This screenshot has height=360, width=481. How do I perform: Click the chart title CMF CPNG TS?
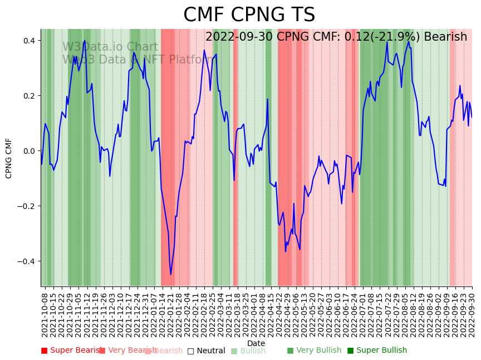249,15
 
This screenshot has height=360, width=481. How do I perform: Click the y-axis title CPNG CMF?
9,158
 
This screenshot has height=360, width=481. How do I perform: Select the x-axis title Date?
256,343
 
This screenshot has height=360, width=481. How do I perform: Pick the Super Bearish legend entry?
72,351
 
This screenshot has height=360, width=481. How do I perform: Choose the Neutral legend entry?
207,351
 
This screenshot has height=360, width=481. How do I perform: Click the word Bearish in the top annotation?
445,37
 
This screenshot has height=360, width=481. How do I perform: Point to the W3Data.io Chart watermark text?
110,47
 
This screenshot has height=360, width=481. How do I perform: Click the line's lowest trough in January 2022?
171,274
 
